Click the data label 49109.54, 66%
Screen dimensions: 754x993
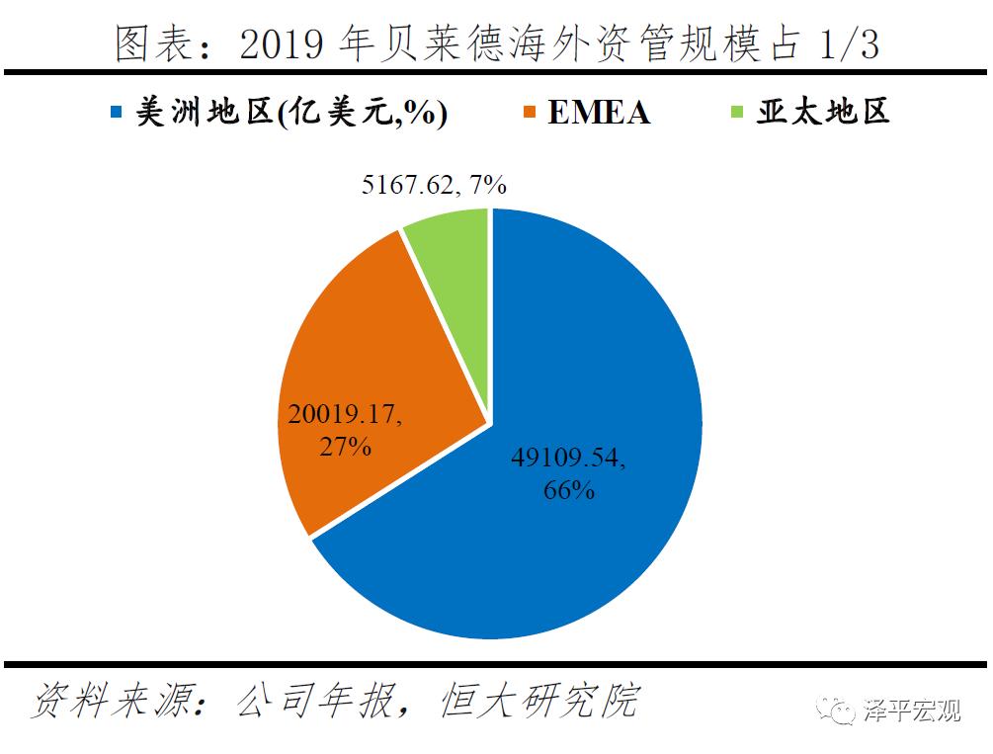[569, 472]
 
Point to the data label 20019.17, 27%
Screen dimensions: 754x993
[345, 429]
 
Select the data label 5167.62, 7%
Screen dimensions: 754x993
[434, 184]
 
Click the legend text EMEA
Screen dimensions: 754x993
[599, 113]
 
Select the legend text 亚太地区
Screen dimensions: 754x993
[823, 112]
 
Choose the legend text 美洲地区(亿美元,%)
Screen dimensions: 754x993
[291, 113]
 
